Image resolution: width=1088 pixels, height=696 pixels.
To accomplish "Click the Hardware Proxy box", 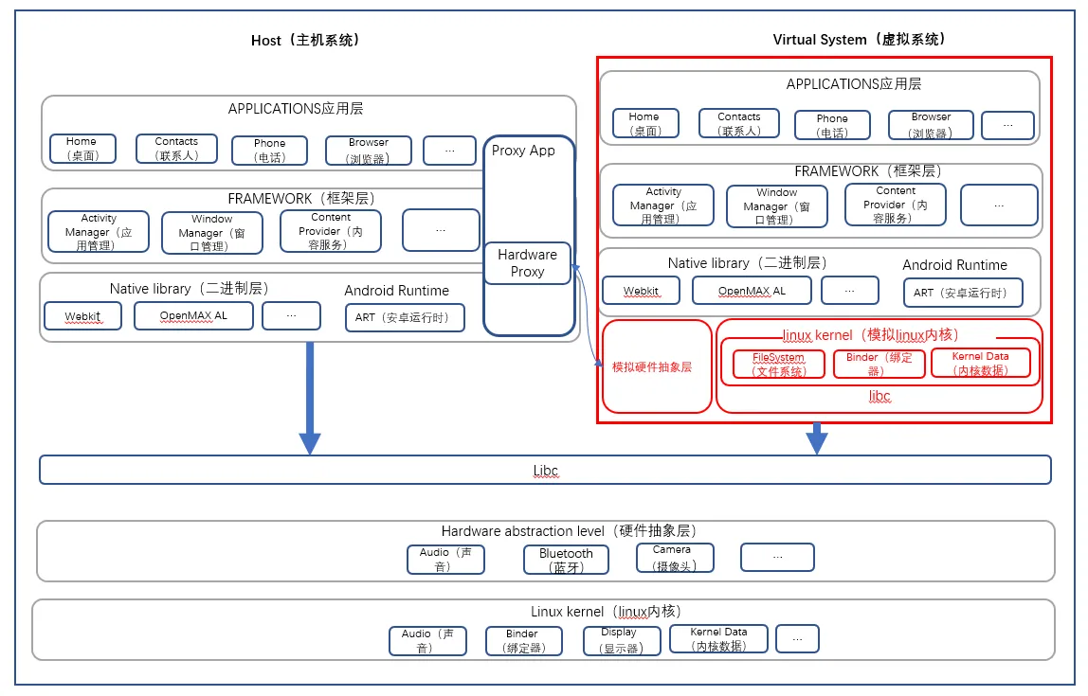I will [x=528, y=263].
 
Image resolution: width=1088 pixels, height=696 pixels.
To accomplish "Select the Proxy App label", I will [x=523, y=151].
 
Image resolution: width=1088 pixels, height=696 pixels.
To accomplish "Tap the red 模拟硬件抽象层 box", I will [x=657, y=366].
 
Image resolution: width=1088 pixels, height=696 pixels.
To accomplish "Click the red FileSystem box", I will [x=779, y=364].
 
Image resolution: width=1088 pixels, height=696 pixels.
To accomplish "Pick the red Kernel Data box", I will [x=980, y=364].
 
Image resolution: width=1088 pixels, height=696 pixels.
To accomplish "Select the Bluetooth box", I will [x=566, y=560].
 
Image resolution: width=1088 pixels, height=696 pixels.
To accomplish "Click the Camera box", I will [x=675, y=558].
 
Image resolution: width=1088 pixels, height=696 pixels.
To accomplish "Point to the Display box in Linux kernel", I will [x=618, y=640].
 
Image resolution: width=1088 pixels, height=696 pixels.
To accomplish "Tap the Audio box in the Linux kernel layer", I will [x=427, y=641].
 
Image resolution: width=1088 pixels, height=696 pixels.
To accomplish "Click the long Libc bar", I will [x=545, y=470].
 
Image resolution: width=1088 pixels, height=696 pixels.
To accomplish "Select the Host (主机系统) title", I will [x=305, y=40].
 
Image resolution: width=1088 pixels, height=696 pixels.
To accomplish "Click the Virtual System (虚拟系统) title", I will [x=859, y=39].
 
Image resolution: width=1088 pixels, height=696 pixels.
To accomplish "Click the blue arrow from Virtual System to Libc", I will [x=817, y=438].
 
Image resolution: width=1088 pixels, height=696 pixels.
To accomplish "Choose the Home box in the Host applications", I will [x=83, y=149].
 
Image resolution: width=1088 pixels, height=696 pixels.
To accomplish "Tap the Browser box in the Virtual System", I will [x=931, y=125].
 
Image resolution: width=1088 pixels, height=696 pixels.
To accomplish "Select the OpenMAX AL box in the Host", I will [x=193, y=316].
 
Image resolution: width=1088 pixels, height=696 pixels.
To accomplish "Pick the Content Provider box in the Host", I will [x=331, y=231].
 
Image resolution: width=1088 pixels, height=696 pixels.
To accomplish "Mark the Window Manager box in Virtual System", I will [x=777, y=206].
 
